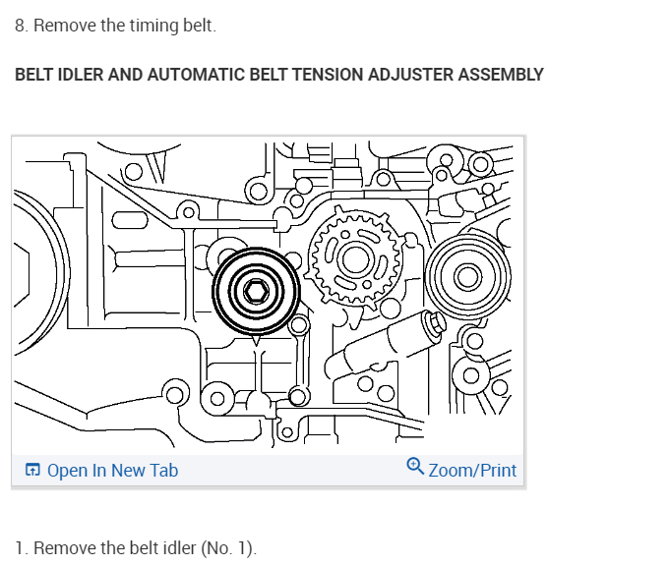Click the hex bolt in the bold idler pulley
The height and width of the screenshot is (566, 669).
coord(256,292)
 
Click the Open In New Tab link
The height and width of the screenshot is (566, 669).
coord(112,470)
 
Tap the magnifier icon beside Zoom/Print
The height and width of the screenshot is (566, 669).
coord(415,468)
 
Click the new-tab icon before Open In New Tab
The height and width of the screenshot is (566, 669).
coord(32,470)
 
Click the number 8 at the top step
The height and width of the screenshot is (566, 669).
coord(20,26)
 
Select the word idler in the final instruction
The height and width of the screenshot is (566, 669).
coord(177,547)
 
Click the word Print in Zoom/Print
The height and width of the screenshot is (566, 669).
coord(496,470)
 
